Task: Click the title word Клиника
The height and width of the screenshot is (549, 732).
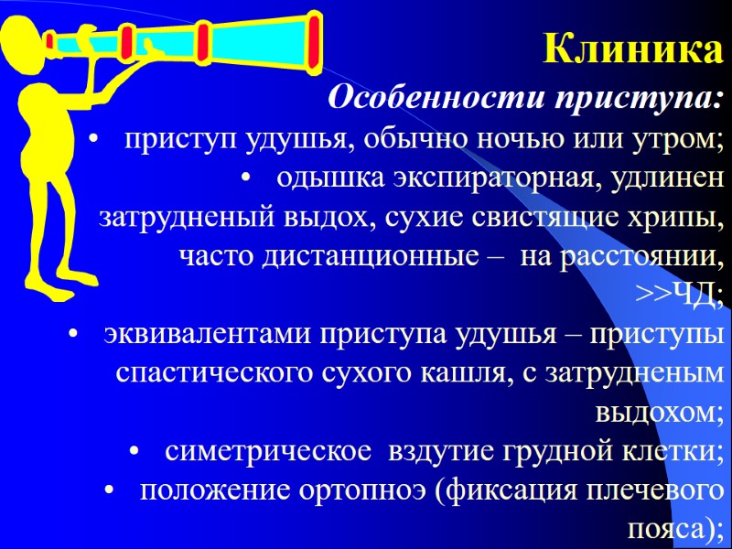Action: click(x=632, y=49)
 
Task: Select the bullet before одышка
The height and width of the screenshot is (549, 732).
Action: click(x=246, y=178)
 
